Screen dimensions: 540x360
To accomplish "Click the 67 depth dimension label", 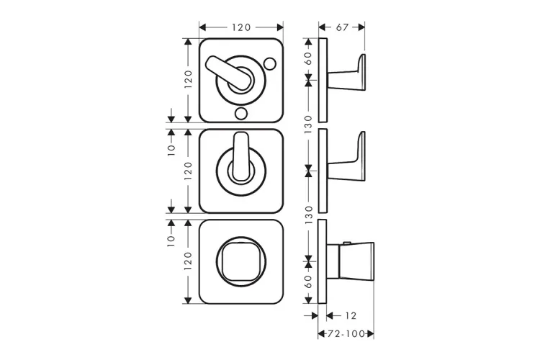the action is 342,27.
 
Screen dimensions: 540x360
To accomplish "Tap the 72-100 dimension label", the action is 346,334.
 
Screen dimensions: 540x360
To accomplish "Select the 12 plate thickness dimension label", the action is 351,315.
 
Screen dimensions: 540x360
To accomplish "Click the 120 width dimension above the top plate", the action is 241,27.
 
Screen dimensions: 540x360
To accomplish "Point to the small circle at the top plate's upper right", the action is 269,63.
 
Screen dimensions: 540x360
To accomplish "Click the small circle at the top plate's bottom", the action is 240,113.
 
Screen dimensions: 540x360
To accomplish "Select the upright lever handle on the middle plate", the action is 240,156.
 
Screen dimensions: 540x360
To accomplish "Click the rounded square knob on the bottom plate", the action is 241,261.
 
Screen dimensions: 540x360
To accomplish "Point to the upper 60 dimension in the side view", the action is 308,58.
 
